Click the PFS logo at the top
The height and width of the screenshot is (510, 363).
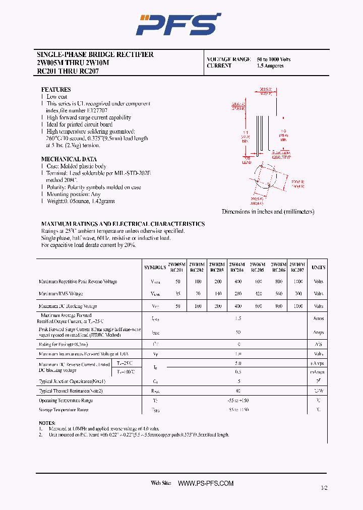click(x=179, y=24)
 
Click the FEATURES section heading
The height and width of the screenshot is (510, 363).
click(x=56, y=89)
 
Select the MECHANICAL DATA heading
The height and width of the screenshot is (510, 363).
click(x=69, y=159)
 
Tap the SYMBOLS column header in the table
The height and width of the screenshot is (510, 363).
click(x=155, y=267)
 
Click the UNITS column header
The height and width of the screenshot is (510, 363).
click(x=318, y=267)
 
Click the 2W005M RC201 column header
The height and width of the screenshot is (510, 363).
click(x=177, y=267)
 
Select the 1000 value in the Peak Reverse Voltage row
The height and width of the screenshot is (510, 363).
click(x=297, y=282)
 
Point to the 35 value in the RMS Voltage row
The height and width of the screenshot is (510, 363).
click(x=177, y=293)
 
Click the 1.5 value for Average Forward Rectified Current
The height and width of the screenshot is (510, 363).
click(x=237, y=318)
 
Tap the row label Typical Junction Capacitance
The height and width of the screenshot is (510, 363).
click(x=72, y=381)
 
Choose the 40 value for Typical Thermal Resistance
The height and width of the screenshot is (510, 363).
click(x=237, y=391)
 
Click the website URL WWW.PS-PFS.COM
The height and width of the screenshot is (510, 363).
click(x=206, y=483)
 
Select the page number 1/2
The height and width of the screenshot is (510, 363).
click(x=324, y=488)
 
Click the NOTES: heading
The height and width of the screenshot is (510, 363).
click(x=47, y=423)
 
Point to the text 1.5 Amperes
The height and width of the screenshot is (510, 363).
click(x=270, y=66)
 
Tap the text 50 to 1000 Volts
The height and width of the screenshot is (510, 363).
click(x=274, y=59)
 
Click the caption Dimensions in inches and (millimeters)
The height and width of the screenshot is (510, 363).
click(x=268, y=212)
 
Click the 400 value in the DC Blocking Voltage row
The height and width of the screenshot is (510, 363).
click(x=237, y=306)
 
